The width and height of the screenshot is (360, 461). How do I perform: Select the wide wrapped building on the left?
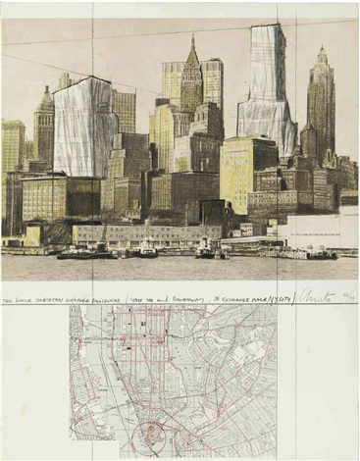(82, 128)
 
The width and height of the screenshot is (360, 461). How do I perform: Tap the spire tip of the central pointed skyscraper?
(191, 39)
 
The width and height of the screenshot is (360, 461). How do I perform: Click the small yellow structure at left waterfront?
(34, 236)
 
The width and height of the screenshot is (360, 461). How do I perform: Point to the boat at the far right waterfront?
(318, 254)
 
